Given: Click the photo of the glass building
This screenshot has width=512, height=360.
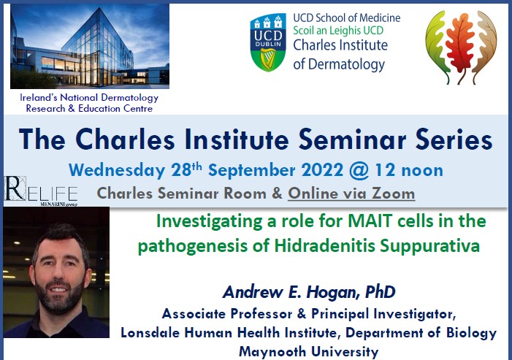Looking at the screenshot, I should (x=89, y=45).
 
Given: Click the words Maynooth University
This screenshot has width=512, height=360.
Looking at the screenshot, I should (x=308, y=351).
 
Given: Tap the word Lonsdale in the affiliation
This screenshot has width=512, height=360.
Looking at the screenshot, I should (x=155, y=332).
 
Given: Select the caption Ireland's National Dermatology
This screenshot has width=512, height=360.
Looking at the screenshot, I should (x=89, y=97).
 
